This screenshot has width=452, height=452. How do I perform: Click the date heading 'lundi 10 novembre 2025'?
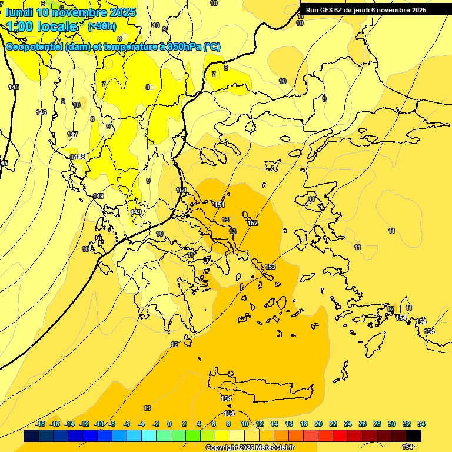click(70, 12)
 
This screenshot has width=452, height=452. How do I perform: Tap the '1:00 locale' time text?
click(42, 26)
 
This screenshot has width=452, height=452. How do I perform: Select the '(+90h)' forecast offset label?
click(102, 26)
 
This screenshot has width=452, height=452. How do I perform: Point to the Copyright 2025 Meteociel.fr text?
click(250, 447)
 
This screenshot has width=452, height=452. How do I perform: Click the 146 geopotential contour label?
click(41, 112)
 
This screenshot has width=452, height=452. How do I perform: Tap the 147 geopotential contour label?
click(72, 134)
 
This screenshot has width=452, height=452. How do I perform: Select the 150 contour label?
click(181, 190)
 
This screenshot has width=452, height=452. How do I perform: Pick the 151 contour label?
click(220, 205)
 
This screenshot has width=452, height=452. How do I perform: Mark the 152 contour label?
click(252, 223)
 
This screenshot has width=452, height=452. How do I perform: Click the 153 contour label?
click(270, 267)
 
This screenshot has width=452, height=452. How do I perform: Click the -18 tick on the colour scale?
click(41, 424)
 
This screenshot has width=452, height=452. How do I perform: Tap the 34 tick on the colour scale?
click(421, 424)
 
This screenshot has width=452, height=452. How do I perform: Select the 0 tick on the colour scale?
click(169, 424)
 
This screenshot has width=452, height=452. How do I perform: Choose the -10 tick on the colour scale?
click(99, 424)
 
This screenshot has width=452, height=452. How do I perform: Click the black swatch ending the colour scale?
click(414, 436)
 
